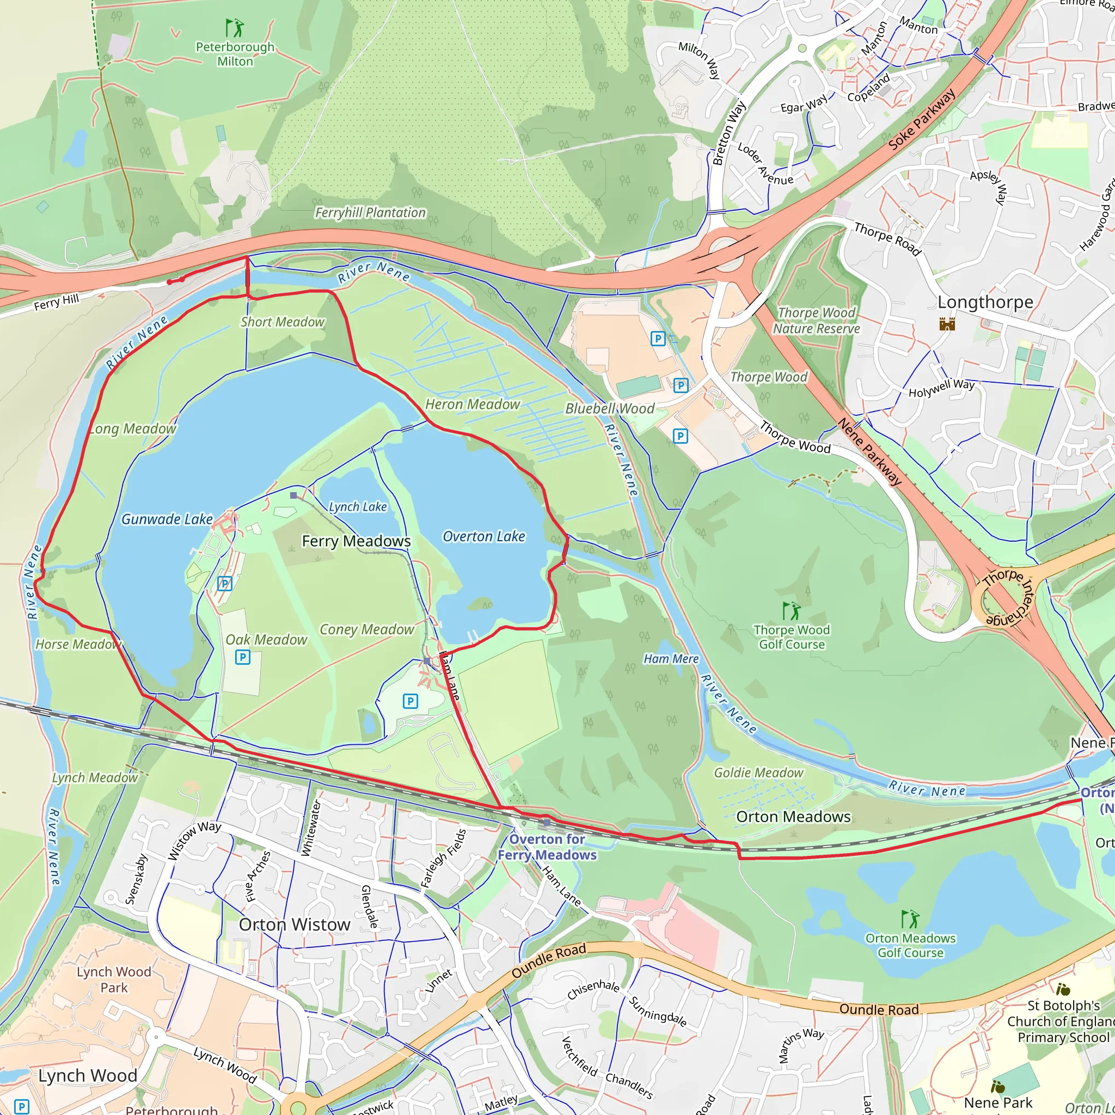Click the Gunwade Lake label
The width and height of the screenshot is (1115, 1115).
point(167,519)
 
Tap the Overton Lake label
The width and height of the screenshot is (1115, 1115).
point(483,537)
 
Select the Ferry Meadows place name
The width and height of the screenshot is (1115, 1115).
point(356,541)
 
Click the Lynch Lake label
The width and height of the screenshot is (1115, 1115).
point(358,507)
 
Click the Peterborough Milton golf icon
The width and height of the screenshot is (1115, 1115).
point(234,27)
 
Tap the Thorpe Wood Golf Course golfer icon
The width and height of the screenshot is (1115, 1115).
point(791,611)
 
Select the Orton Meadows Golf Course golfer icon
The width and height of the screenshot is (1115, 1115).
point(910,920)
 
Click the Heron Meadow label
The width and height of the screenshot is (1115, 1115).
point(473,405)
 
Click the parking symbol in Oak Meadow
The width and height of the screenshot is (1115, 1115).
point(243,657)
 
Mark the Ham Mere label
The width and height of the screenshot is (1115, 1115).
point(671,659)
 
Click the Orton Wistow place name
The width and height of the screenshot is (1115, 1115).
point(295,924)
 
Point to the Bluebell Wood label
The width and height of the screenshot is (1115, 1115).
point(609,409)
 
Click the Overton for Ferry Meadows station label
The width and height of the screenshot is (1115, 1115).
point(547,847)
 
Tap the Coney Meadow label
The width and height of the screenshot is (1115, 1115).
point(366,630)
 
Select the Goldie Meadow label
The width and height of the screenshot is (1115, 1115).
point(758,773)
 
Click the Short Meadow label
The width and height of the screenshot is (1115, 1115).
point(282,322)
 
